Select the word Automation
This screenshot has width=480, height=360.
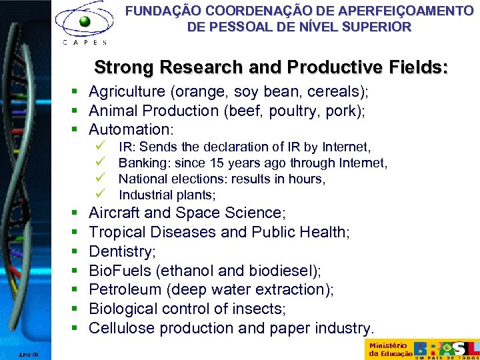coord(129,129)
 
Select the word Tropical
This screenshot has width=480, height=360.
coord(115,233)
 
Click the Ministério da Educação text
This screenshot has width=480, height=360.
coord(389,349)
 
